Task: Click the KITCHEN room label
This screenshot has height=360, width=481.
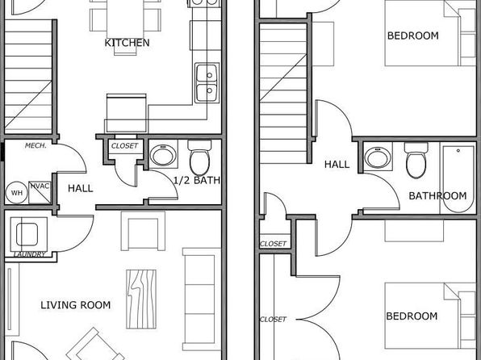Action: pos(127,43)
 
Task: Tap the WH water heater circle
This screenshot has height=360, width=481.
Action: pos(17,193)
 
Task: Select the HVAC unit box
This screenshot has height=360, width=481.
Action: pos(40,192)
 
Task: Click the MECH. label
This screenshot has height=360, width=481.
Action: pos(36,145)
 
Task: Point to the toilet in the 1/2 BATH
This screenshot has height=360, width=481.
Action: pos(199,157)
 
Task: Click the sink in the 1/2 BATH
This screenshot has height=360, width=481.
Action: pos(163,154)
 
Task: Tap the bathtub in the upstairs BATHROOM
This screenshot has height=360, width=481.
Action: pos(458,179)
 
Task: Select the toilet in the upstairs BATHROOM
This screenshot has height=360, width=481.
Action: pos(416,160)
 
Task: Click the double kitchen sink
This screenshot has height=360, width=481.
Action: pos(207,83)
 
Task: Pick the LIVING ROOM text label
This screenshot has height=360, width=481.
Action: pos(76,305)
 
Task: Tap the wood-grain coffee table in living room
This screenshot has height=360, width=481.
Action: pos(141,299)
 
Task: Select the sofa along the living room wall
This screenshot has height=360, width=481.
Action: pos(202,299)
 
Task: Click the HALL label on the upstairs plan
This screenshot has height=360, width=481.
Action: pos(337,165)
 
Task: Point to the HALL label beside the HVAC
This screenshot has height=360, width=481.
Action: pos(81,188)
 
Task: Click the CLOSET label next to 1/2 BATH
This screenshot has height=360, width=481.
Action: pos(124,146)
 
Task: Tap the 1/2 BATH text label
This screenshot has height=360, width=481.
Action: pos(197,180)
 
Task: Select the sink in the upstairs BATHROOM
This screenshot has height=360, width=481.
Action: pos(378,157)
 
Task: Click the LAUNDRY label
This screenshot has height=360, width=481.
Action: pos(30,254)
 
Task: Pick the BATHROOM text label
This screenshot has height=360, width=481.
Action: pos(437,196)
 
